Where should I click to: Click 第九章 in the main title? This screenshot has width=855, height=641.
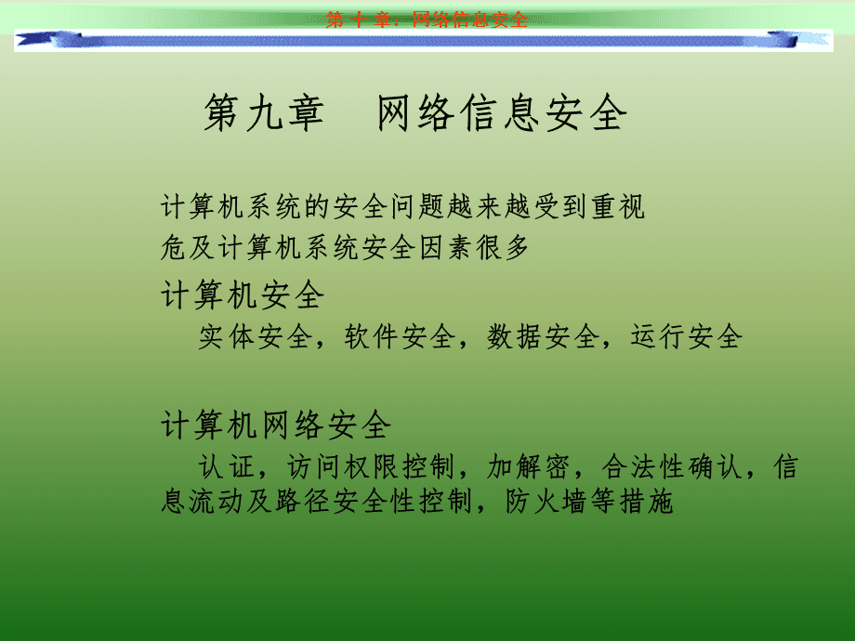pos(263,115)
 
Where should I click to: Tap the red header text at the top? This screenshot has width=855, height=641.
pos(427,20)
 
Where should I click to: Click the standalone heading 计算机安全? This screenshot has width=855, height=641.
pos(243,295)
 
